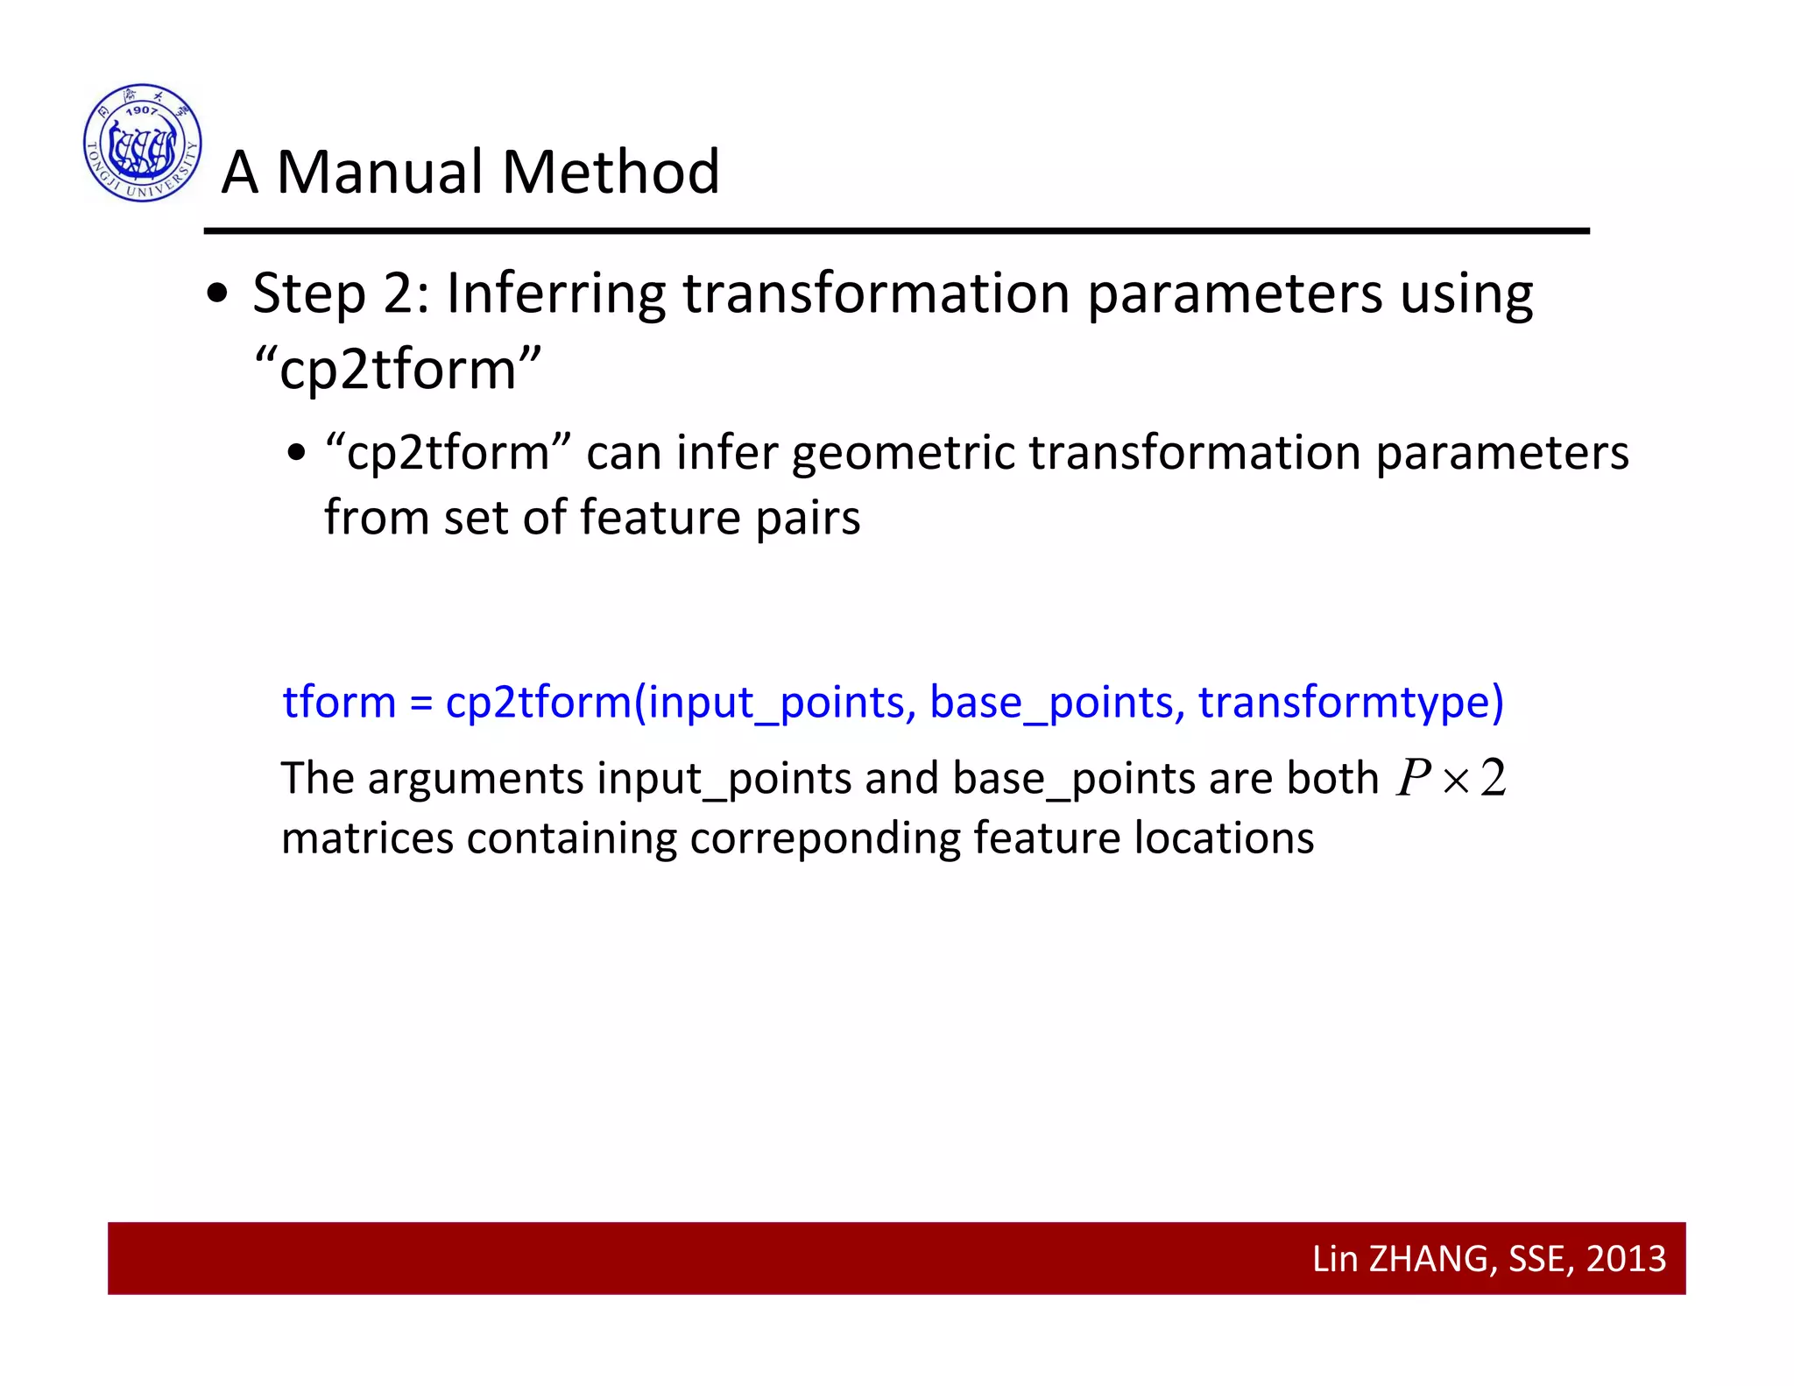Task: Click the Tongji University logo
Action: tap(143, 143)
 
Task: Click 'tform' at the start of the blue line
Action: tap(339, 702)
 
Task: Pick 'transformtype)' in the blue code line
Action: tap(1351, 704)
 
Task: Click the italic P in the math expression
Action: tap(1412, 777)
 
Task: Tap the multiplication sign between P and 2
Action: tap(1455, 780)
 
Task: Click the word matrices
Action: tap(367, 838)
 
